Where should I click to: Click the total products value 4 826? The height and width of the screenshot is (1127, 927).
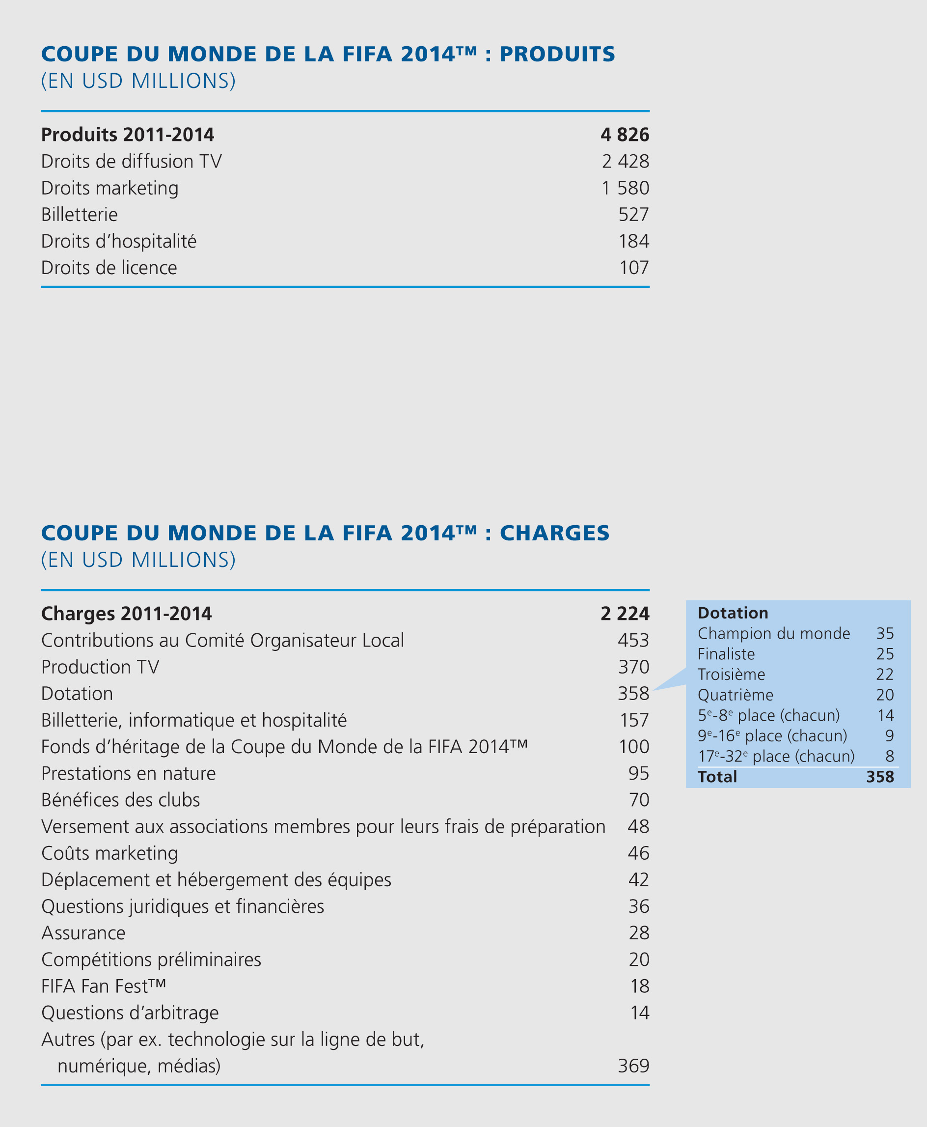(624, 135)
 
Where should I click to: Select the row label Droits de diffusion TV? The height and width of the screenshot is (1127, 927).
(132, 161)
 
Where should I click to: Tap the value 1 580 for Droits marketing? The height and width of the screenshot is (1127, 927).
(625, 188)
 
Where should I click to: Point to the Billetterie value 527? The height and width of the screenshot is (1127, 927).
(633, 215)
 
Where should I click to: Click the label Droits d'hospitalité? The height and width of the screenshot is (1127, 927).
(118, 242)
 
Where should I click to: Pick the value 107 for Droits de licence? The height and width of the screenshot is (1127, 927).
(634, 268)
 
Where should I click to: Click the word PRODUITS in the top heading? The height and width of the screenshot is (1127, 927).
(557, 55)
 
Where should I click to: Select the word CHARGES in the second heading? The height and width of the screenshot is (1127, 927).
(554, 534)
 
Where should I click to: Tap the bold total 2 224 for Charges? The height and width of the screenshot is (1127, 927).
(624, 614)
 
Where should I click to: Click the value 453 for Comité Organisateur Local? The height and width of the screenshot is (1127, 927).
(633, 640)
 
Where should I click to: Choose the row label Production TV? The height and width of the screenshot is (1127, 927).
(100, 667)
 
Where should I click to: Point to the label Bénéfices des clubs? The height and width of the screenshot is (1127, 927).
(120, 800)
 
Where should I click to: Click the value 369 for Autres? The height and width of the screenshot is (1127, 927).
(633, 1066)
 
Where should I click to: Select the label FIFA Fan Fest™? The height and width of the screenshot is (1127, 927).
(104, 986)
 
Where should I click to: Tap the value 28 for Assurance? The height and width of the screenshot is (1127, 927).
(639, 933)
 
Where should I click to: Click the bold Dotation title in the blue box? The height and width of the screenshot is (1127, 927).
(733, 613)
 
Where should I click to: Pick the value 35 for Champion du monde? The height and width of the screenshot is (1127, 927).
(885, 634)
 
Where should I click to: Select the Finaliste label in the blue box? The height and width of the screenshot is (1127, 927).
(726, 654)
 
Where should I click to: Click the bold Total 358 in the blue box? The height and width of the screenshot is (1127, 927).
(880, 776)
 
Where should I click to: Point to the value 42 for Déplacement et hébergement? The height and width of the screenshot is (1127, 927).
(639, 879)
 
